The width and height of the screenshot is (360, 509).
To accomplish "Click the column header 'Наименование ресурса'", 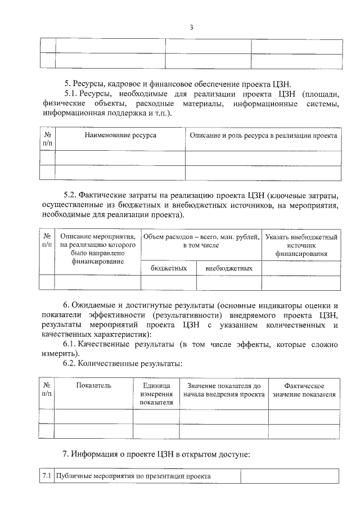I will (120, 136).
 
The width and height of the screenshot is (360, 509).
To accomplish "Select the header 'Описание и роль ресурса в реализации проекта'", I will (263, 136).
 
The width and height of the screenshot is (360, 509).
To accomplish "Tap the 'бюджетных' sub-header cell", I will (169, 268).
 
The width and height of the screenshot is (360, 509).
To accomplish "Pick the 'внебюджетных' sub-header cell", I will (229, 268).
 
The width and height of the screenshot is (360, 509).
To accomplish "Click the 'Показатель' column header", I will (94, 385).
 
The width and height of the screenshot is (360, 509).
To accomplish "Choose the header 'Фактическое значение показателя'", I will (304, 390).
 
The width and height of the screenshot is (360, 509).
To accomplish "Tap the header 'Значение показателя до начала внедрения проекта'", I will (224, 390).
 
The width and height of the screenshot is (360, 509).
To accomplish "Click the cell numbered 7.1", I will (47, 476).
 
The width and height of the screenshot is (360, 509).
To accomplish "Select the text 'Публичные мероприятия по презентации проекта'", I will (134, 476).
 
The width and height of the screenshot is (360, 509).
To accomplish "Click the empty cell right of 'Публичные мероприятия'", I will (290, 476).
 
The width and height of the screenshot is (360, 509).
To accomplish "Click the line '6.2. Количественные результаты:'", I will (122, 363).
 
